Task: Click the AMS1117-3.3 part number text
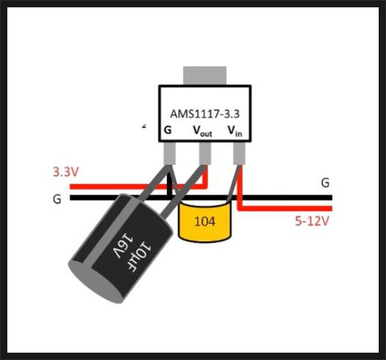(x=205, y=114)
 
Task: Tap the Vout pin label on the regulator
(x=202, y=131)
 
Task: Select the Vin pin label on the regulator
(x=235, y=131)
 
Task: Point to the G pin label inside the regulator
(x=168, y=130)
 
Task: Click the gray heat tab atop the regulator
(x=205, y=76)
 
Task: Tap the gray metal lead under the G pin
(x=169, y=153)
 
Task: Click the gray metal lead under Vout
(x=205, y=153)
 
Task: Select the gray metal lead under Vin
(x=240, y=153)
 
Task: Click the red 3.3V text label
(x=66, y=172)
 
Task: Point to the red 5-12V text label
(x=312, y=221)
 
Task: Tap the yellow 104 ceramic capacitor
(x=205, y=221)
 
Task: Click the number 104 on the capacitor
(x=204, y=221)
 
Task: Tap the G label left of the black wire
(x=57, y=199)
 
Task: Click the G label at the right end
(x=325, y=183)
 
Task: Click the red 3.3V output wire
(x=138, y=186)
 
